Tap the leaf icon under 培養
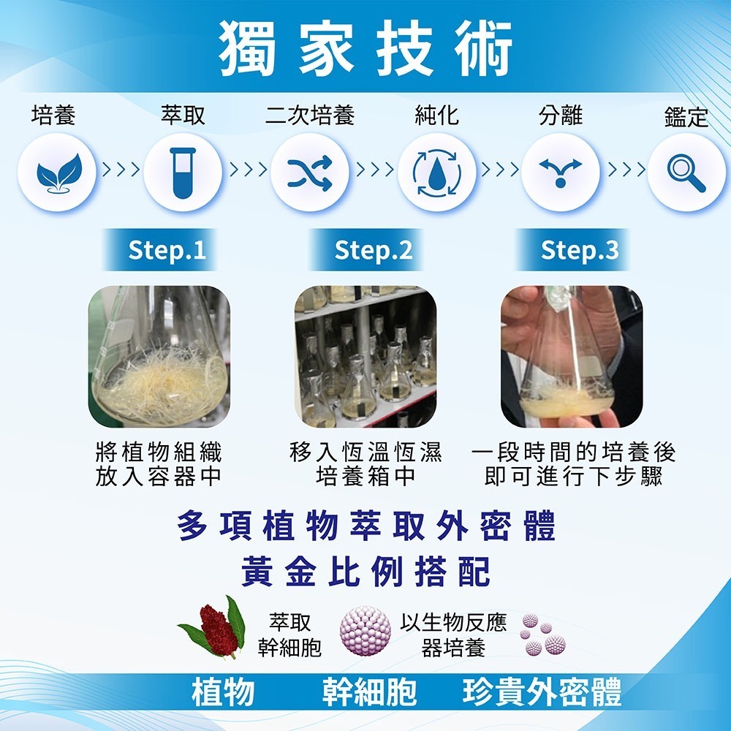point(57,173)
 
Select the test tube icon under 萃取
point(183,173)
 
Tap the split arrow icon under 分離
point(561,173)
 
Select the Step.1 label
point(167,251)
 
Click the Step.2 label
point(373,251)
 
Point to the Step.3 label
point(579,251)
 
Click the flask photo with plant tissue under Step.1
point(159,357)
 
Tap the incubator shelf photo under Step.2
point(365,357)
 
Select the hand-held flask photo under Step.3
point(572,357)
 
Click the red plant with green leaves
point(213,629)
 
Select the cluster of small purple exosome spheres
point(542,635)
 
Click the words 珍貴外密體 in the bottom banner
point(542,692)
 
